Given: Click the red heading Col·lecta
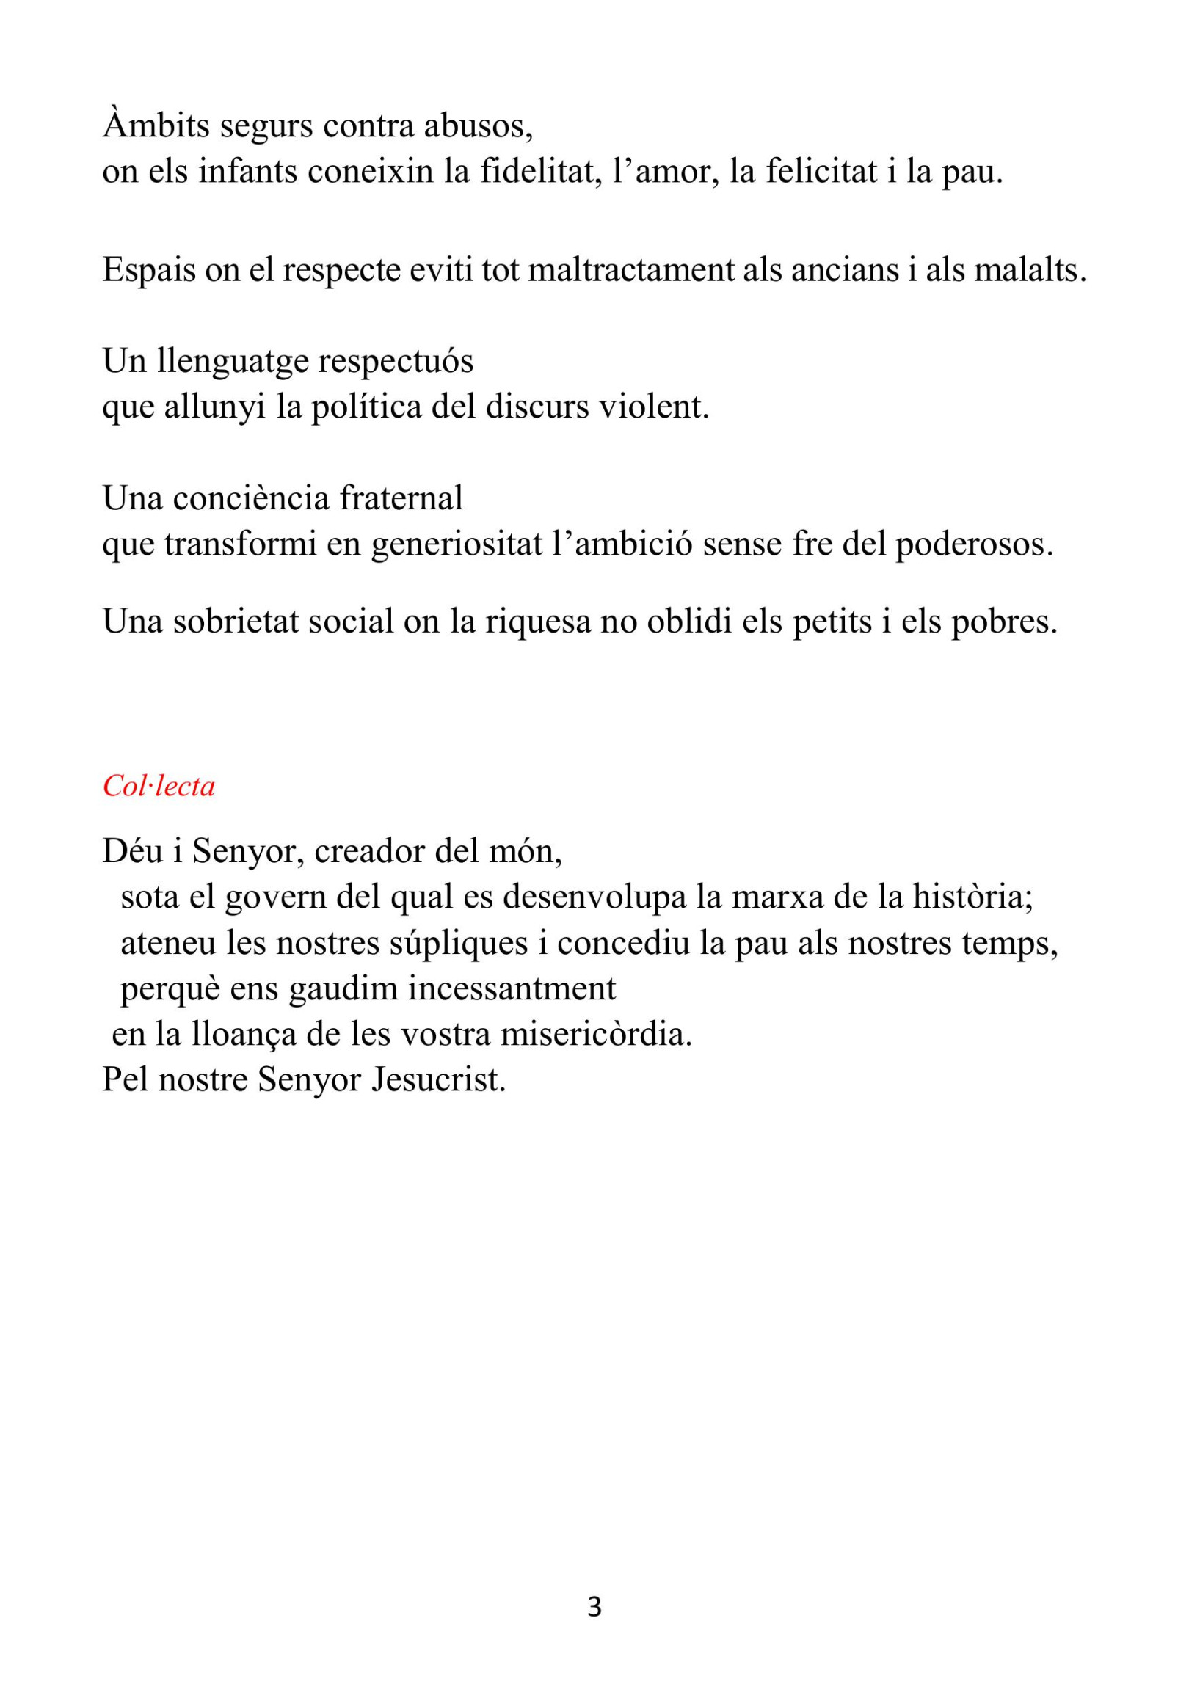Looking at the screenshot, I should coord(159,787).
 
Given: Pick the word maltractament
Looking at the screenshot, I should coord(631,270).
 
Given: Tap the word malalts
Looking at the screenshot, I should coord(1030,270).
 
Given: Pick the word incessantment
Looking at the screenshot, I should coord(512,989).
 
